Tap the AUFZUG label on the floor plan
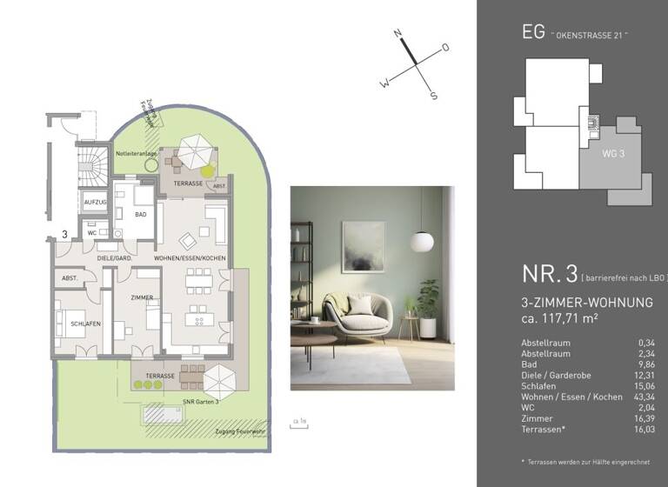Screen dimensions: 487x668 95,202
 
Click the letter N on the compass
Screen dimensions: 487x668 397,35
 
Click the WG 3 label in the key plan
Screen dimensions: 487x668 613,154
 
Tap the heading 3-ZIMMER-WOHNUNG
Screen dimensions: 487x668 586,303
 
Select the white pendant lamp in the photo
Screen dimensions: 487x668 422,239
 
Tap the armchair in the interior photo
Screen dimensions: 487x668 354,315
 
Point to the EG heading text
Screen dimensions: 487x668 532,32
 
